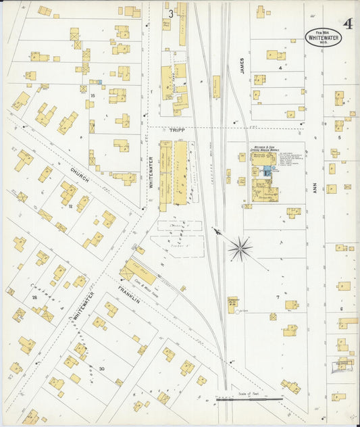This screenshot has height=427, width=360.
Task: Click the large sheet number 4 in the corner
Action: [346, 24]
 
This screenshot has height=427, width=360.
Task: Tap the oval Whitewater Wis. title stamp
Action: [323, 36]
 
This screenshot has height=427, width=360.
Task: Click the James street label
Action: [240, 66]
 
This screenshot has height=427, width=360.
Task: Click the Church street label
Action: [81, 165]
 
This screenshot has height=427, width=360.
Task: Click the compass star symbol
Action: [239, 249]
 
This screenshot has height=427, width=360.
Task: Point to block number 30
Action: [101, 368]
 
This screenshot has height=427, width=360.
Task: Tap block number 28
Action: [34, 297]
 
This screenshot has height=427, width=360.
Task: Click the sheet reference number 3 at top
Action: [171, 13]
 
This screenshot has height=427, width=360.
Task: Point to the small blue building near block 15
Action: [99, 82]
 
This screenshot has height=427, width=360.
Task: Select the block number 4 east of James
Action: [279, 68]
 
